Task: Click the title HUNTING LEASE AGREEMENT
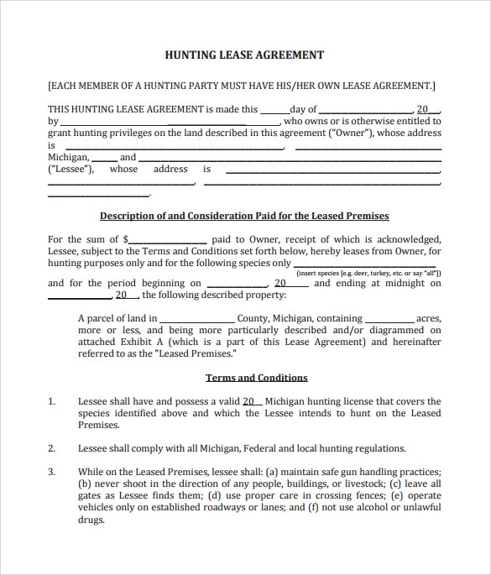point(245,55)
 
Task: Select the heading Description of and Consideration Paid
point(244,216)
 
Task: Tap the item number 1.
point(52,402)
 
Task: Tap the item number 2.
point(52,448)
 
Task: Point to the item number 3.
point(52,472)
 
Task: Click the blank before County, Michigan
point(196,319)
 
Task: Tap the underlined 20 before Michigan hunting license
point(251,402)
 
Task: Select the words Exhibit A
point(148,342)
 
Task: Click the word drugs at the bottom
point(91,519)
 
